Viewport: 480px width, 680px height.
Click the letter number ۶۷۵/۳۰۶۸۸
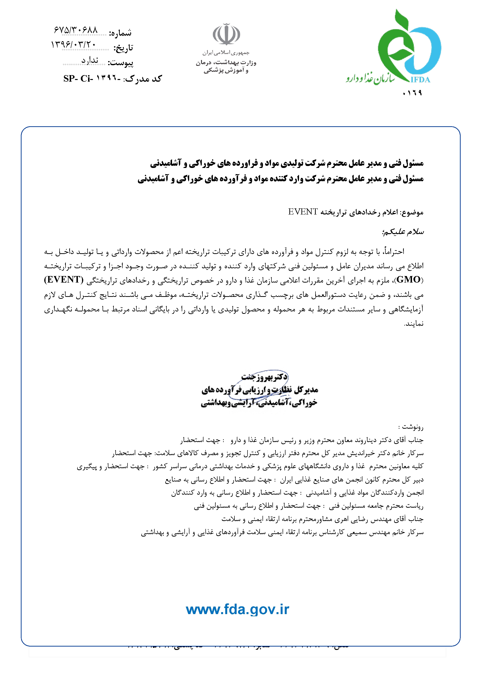click(76, 30)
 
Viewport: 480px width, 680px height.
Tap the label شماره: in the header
click(120, 33)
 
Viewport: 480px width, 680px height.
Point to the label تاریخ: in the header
click(123, 48)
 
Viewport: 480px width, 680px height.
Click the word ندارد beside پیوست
click(90, 60)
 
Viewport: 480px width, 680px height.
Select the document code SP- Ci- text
click(78, 79)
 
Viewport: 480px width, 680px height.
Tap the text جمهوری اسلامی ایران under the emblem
click(226, 53)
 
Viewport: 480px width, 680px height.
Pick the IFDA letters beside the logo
click(420, 80)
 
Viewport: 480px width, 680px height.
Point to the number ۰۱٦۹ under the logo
click(412, 93)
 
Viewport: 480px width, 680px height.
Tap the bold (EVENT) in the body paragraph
click(64, 280)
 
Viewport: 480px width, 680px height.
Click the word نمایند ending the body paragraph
click(414, 324)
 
